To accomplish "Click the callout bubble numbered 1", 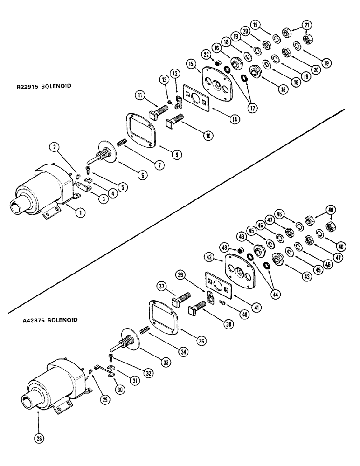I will (82, 212).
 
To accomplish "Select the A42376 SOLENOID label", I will (50, 320).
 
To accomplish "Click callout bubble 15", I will (191, 63).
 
